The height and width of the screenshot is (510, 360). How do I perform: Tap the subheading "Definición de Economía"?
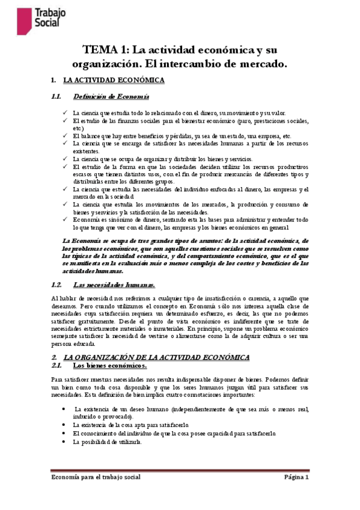(x=111, y=97)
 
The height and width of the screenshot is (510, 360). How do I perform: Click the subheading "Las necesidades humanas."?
(x=114, y=284)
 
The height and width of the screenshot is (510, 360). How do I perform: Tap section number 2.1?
(x=58, y=365)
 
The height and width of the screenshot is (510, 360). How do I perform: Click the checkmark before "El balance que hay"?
(x=65, y=136)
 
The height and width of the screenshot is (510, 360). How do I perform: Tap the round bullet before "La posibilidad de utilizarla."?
(x=65, y=442)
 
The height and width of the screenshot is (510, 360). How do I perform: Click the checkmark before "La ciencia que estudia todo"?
(x=65, y=113)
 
